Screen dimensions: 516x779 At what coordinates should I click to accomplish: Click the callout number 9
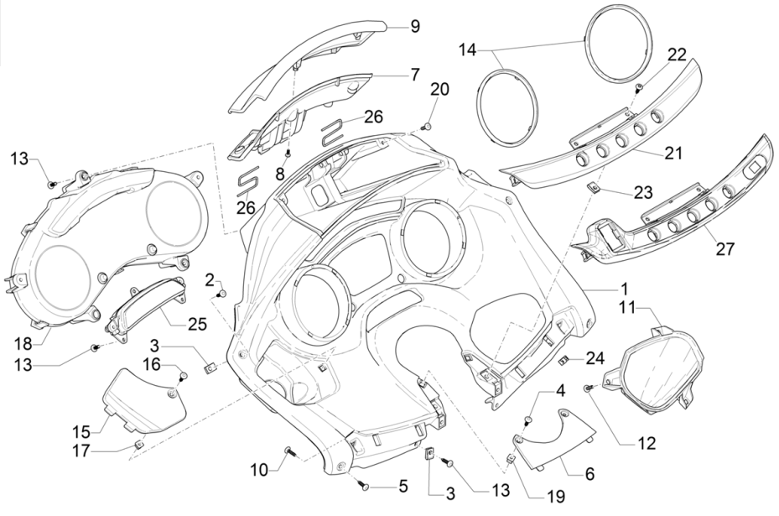[x=414, y=27]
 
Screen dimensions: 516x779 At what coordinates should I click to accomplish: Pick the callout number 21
[x=674, y=154]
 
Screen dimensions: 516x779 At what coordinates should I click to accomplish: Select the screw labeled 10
[x=289, y=453]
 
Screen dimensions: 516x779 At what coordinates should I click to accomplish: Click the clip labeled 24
[x=564, y=361]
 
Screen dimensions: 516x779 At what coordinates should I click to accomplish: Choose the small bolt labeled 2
[x=222, y=293]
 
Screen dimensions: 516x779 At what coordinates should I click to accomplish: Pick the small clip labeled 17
[x=139, y=445]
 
